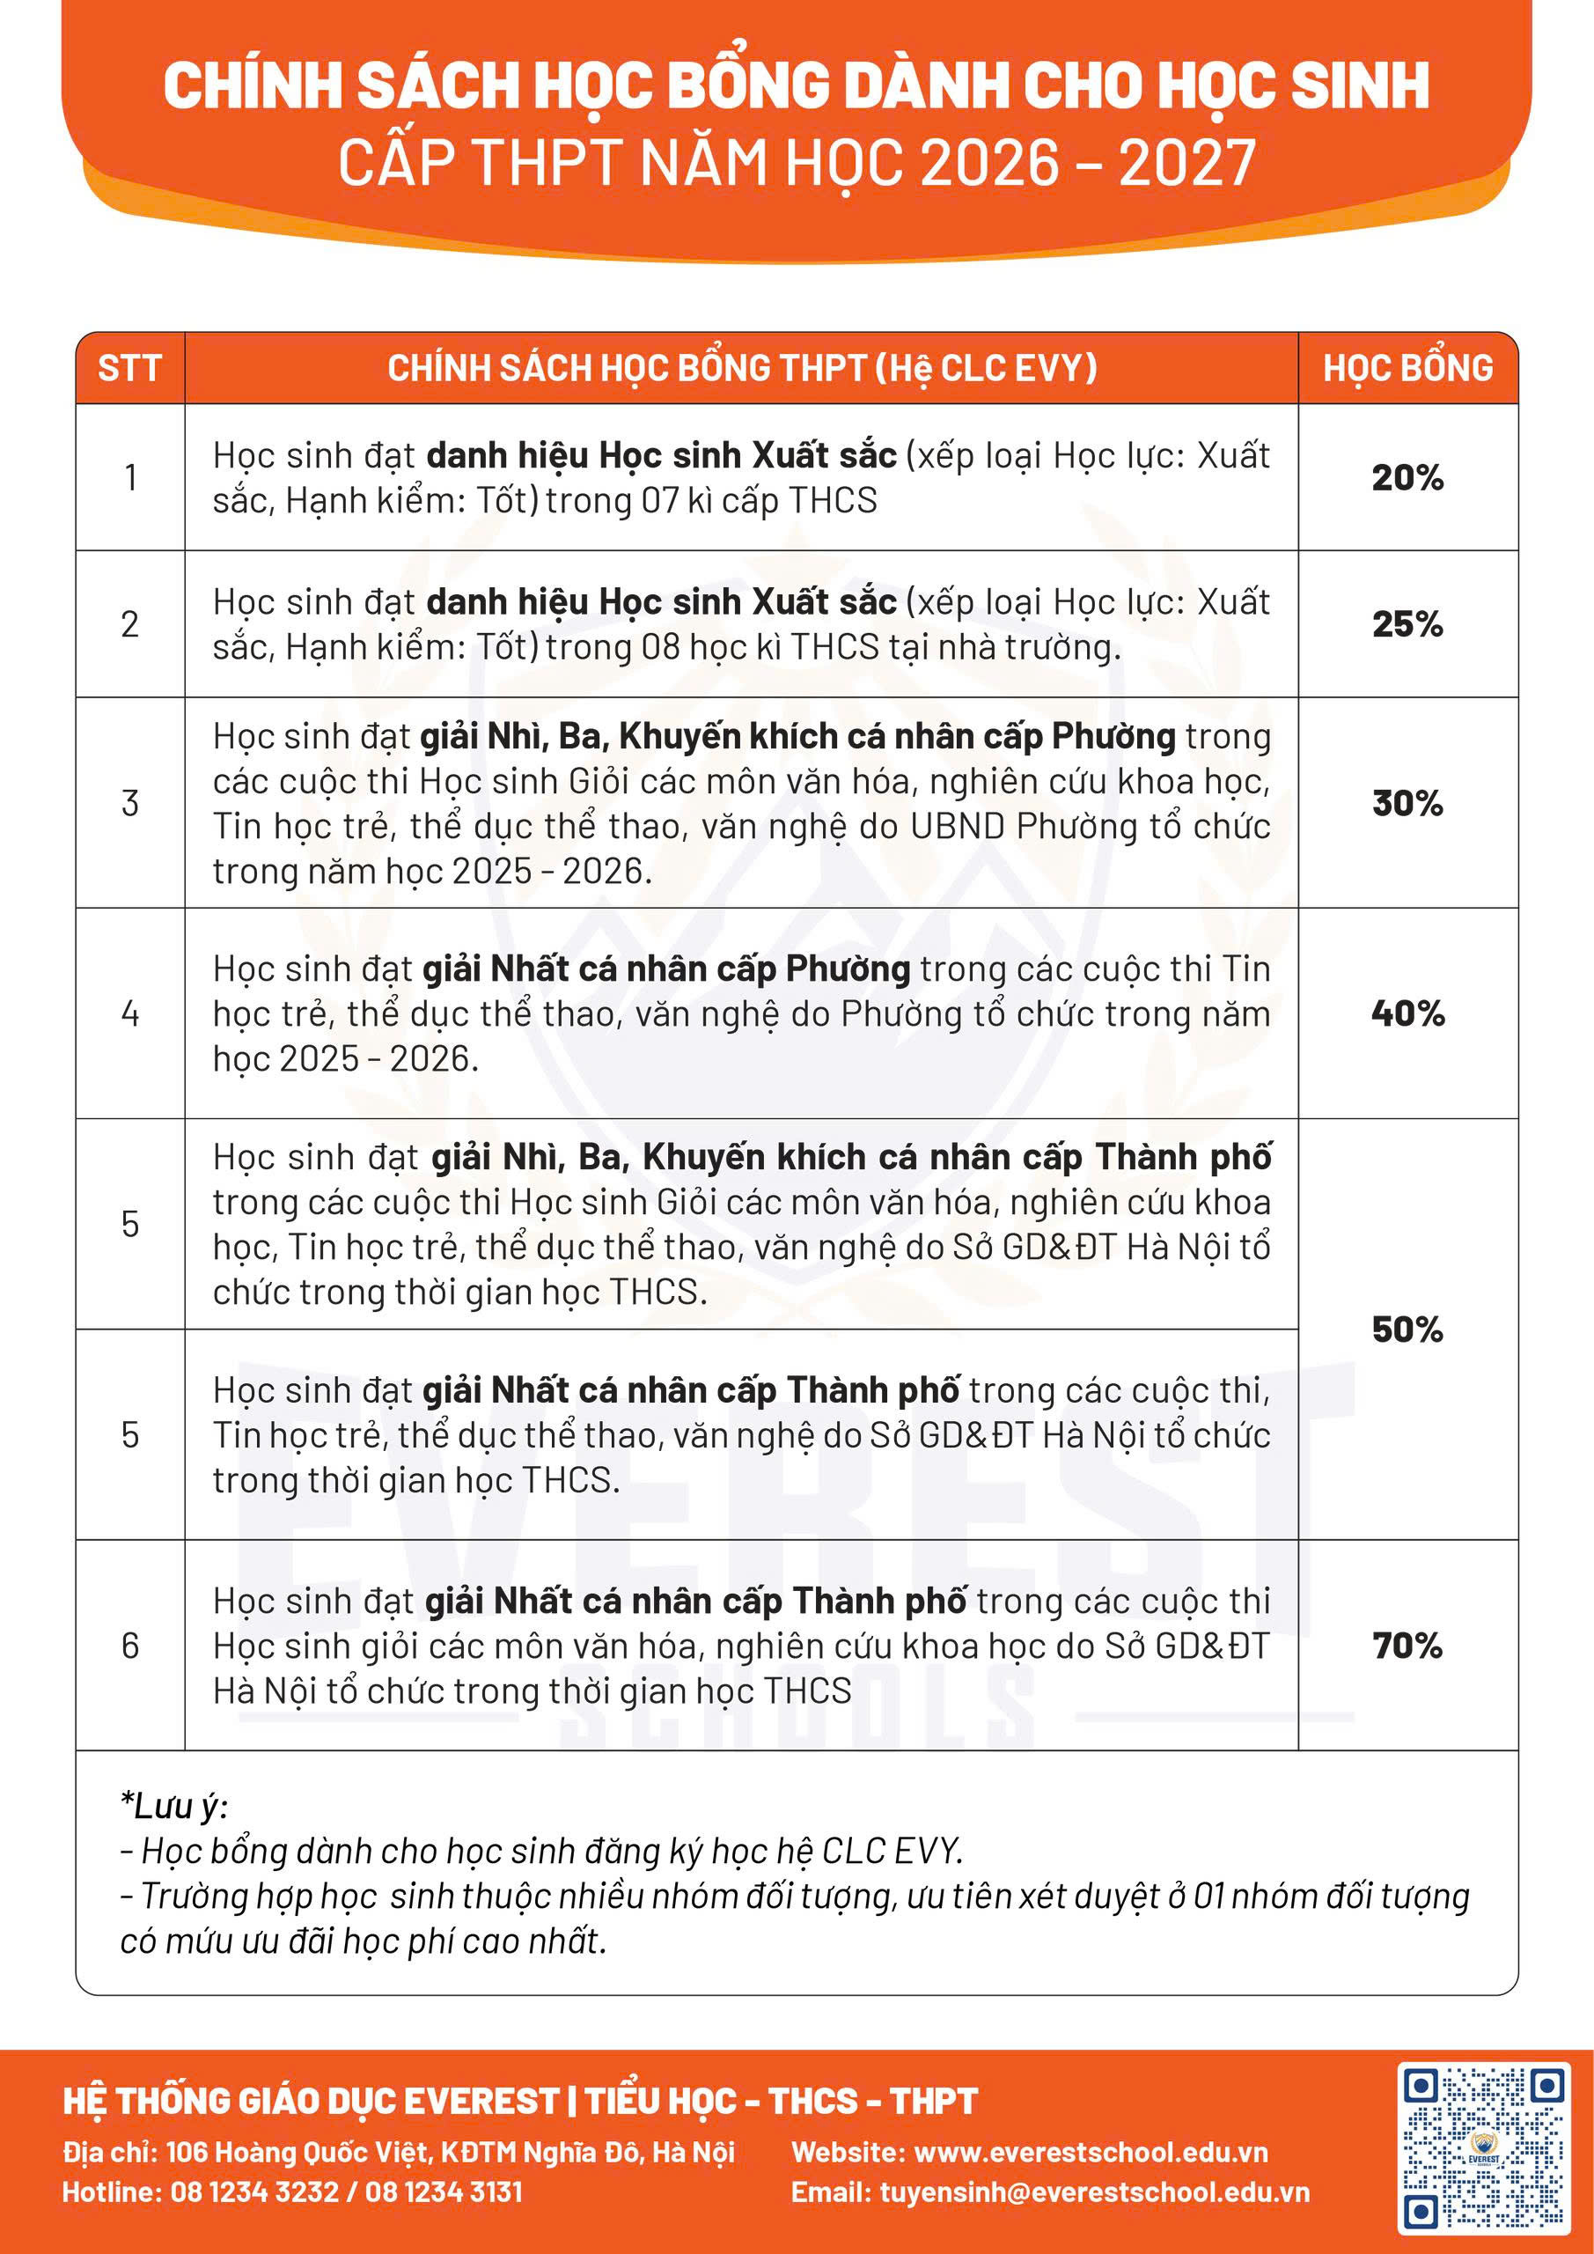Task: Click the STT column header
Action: tap(129, 368)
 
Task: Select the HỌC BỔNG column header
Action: tap(1407, 368)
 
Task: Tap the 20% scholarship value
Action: tap(1407, 478)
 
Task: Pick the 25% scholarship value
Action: tap(1407, 624)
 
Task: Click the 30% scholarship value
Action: tap(1407, 803)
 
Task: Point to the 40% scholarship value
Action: tap(1407, 1013)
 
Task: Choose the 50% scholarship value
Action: tap(1407, 1330)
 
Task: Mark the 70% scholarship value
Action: tap(1407, 1646)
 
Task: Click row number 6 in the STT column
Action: tap(129, 1646)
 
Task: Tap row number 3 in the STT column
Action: tap(129, 803)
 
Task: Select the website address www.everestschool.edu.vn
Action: tap(1091, 2152)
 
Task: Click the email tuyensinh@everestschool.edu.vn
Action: tap(1094, 2192)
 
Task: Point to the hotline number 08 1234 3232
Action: tap(254, 2192)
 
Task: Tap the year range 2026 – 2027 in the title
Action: tap(1088, 163)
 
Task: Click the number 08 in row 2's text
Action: tap(659, 647)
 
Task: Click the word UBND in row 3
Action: tap(957, 827)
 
